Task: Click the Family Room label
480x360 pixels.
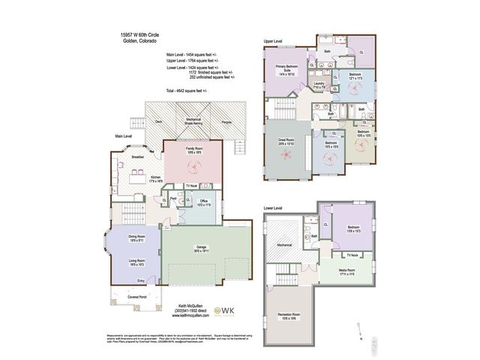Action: pos(194,150)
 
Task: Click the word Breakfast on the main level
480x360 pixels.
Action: pos(138,157)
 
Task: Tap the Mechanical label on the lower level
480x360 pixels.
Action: pos(283,244)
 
